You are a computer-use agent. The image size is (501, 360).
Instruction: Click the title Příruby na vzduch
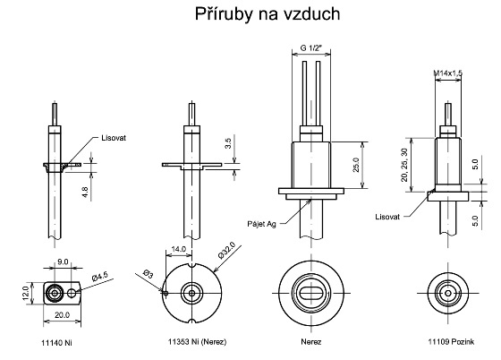tap(267, 14)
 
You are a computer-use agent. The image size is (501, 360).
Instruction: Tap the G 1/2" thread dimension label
tap(311, 48)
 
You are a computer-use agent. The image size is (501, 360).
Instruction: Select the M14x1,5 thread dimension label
tap(447, 73)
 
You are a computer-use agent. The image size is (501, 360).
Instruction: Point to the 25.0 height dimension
tap(356, 165)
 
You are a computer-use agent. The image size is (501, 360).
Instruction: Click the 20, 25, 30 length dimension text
tap(404, 165)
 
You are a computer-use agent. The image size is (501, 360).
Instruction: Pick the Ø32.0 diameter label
tap(227, 250)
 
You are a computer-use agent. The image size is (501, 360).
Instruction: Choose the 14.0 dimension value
tap(179, 249)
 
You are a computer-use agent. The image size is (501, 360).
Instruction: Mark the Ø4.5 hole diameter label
tap(100, 276)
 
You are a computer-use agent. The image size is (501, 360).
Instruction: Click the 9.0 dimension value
tap(63, 261)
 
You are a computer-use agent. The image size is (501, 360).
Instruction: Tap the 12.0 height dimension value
tap(26, 293)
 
